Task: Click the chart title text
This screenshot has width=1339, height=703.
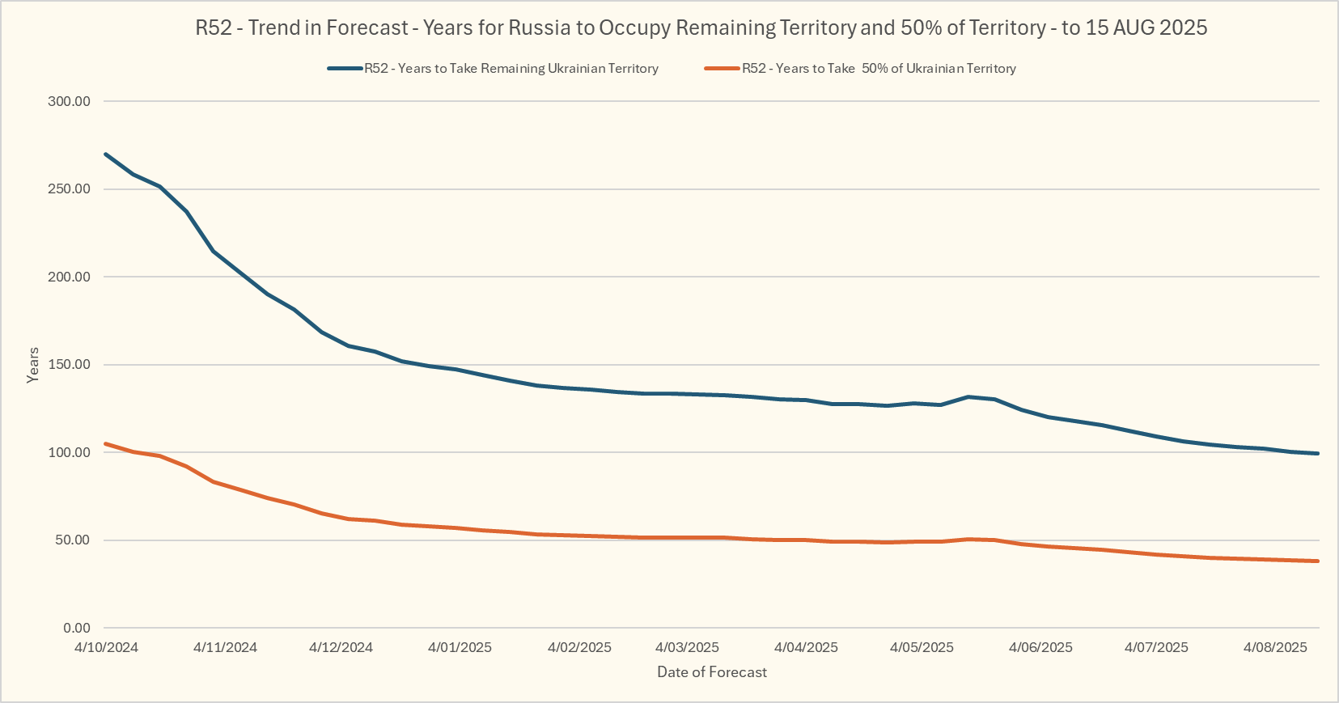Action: pos(701,28)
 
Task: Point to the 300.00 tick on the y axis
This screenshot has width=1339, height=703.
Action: pos(69,101)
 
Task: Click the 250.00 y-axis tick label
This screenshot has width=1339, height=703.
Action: pos(69,189)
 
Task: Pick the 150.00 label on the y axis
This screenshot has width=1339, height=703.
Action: pos(69,365)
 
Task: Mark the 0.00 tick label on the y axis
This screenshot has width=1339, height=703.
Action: pos(76,628)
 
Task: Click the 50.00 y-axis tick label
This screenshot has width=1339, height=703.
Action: pos(72,540)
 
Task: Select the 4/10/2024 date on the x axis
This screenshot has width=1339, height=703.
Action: pos(106,647)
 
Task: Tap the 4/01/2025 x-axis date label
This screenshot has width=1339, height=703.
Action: pos(460,647)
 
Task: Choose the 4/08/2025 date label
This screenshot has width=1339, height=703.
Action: pos(1275,647)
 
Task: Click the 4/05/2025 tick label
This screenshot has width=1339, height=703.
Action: pos(922,647)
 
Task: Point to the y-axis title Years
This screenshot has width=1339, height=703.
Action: pos(33,365)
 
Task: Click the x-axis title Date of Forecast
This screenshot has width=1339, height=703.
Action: pos(712,672)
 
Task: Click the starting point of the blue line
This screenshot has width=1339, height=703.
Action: pos(106,154)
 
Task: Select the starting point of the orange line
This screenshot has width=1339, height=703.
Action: pos(106,443)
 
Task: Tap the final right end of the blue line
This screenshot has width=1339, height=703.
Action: pos(1318,453)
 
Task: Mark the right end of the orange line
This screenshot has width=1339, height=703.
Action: pos(1318,561)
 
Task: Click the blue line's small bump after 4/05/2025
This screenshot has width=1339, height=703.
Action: pos(968,397)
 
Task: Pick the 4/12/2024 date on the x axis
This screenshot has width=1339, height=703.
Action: pos(341,647)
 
